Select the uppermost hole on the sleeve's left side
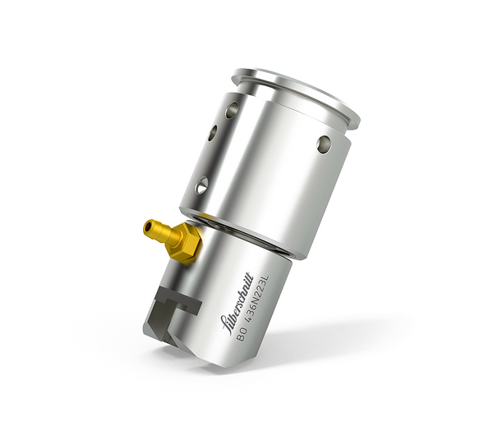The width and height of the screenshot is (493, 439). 233,108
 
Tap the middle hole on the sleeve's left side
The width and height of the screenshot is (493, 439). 212,132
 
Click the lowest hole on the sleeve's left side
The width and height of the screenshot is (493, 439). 200,186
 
